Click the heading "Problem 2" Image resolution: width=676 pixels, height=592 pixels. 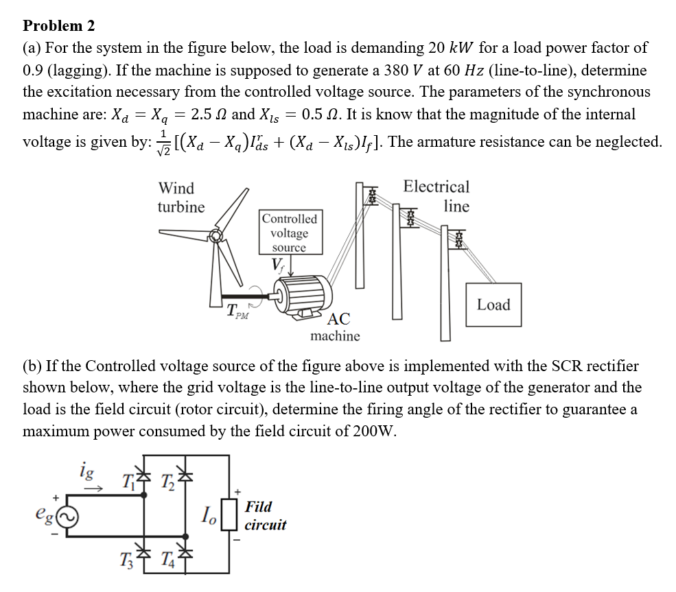[x=59, y=26]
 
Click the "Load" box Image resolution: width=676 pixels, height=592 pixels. [x=493, y=305]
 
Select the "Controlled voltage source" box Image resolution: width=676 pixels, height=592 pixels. [x=289, y=233]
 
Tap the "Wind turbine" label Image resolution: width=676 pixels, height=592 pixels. [x=180, y=197]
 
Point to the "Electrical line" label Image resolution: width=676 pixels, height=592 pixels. [x=436, y=196]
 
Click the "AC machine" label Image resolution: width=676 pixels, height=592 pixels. [x=336, y=327]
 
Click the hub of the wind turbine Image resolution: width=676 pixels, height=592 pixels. [x=216, y=237]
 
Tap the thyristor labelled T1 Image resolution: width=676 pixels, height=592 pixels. [x=143, y=479]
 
